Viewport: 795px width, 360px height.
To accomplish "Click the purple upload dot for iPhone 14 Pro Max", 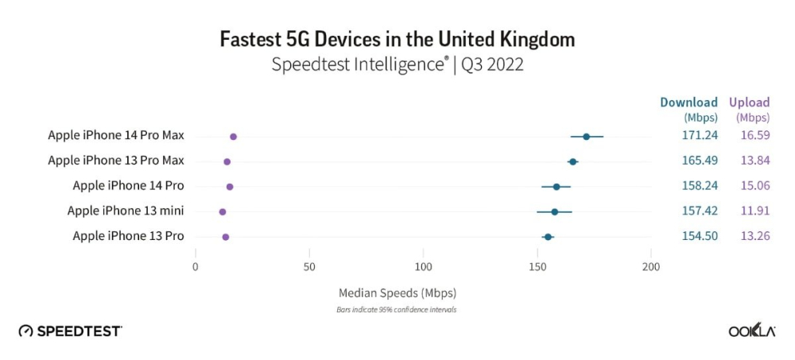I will click(x=233, y=137).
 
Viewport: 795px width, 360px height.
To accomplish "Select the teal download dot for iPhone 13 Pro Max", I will click(x=572, y=161).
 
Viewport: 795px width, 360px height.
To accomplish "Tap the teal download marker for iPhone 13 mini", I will click(x=554, y=212).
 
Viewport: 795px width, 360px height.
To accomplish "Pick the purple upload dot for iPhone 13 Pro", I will click(x=226, y=237).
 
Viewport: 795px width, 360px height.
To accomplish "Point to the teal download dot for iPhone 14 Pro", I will click(x=556, y=187).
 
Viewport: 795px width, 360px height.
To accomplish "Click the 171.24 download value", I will click(x=700, y=136).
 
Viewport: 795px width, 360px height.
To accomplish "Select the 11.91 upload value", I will click(x=752, y=211).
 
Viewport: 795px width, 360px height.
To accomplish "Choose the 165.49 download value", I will click(x=700, y=161).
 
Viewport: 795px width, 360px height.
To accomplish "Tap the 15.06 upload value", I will click(x=752, y=186).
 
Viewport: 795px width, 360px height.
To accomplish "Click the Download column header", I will click(x=688, y=103).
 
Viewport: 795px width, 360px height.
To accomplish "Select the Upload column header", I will click(x=750, y=103).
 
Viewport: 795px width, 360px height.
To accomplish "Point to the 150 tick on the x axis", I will click(x=537, y=267).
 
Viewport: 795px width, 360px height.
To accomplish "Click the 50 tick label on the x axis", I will click(x=309, y=267).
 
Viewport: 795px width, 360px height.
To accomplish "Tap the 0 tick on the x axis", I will click(x=196, y=267).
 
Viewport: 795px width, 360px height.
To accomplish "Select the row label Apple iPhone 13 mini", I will click(x=126, y=211).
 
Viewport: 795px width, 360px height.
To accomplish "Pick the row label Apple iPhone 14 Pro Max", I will click(x=116, y=136).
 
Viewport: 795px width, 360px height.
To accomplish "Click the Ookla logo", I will click(x=752, y=331).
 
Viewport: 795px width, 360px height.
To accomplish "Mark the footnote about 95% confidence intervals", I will click(x=397, y=309).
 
